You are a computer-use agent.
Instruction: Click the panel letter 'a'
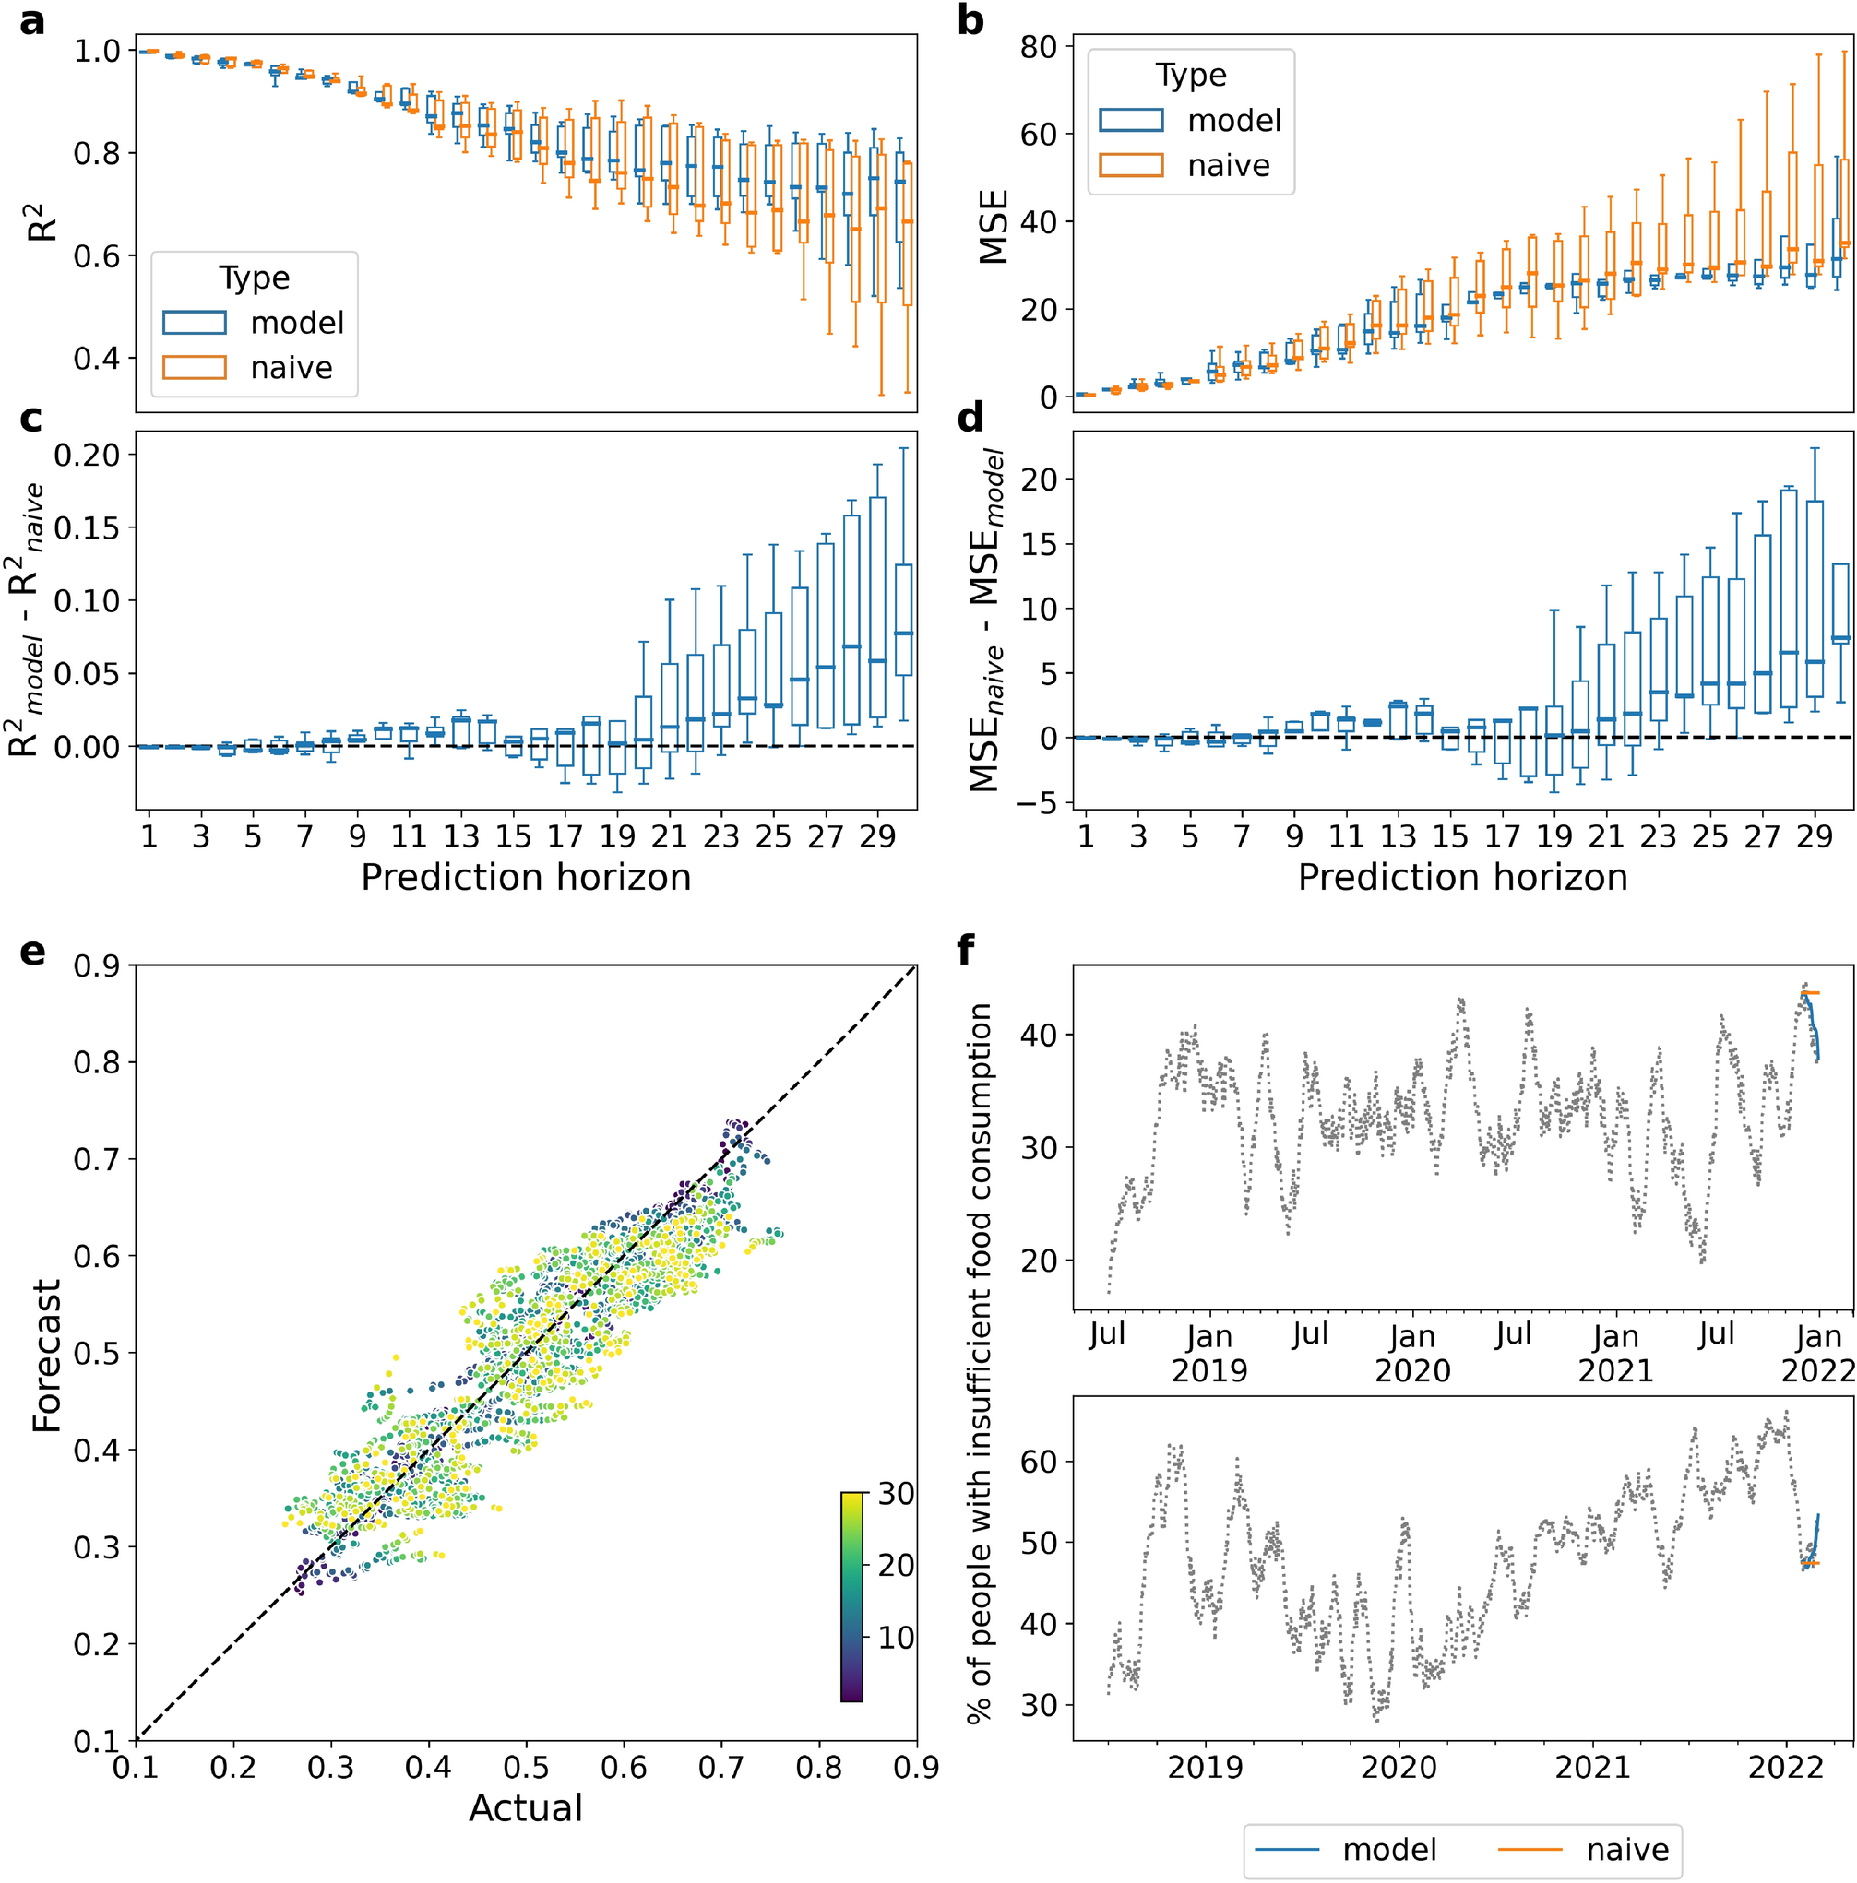click(x=32, y=21)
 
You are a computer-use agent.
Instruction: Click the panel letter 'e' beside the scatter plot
click(x=32, y=952)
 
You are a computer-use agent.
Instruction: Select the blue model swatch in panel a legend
click(x=194, y=323)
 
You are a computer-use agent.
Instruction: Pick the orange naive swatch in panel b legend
click(x=1130, y=165)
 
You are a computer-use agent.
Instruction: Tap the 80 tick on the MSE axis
click(x=1039, y=47)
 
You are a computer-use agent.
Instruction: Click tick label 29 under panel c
click(x=876, y=837)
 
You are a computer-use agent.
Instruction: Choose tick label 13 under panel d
click(x=1398, y=837)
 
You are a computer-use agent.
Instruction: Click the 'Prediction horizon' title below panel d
click(x=1461, y=877)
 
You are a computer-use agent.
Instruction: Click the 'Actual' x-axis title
click(x=526, y=1808)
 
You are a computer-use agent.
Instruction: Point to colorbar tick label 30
click(x=896, y=1493)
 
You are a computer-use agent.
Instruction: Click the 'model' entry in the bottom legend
click(x=1389, y=1850)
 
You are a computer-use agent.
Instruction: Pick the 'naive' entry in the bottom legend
click(x=1627, y=1850)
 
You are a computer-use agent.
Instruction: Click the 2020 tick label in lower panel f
click(x=1398, y=1767)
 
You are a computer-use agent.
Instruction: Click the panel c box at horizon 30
click(x=904, y=620)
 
